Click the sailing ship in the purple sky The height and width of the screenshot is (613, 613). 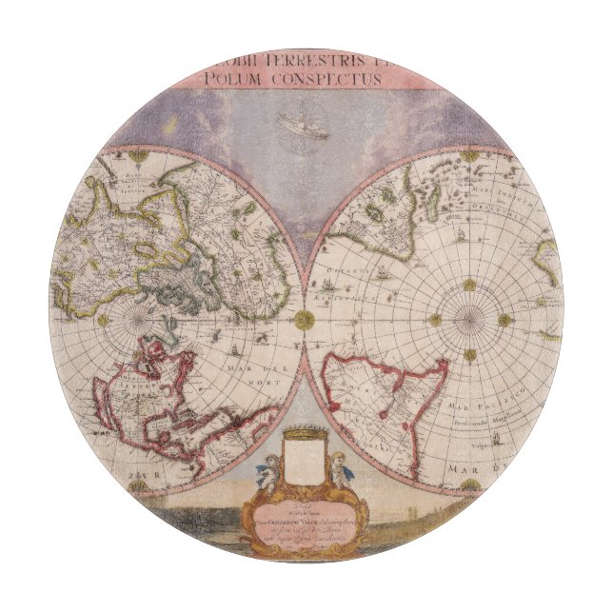pos(304,127)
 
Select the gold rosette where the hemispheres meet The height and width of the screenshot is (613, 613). pos(304,320)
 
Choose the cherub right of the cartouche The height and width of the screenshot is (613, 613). pos(340,470)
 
